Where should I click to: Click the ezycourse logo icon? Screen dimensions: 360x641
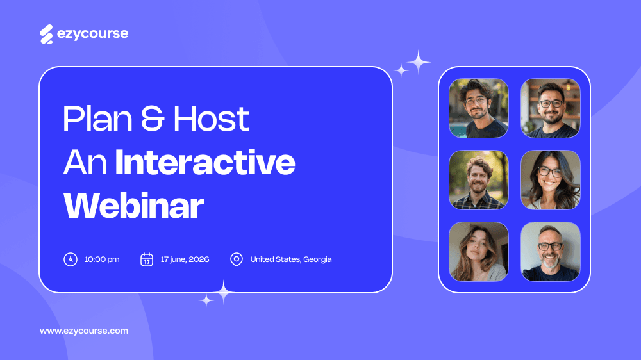point(46,34)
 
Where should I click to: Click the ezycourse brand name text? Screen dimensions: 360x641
point(92,34)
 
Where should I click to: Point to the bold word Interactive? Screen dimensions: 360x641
point(205,163)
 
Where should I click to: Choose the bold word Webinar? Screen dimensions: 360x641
point(133,206)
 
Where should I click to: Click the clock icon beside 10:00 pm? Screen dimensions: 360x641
point(70,259)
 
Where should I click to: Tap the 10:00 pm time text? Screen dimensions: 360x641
point(102,259)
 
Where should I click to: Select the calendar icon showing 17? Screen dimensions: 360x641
point(147,259)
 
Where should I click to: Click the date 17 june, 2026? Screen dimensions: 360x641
point(185,259)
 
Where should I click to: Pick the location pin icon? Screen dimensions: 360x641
point(237,259)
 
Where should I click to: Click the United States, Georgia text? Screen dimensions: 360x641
point(291,259)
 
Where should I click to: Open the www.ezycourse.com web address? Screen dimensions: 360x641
point(84,331)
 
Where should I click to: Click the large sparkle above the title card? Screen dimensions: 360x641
point(419,62)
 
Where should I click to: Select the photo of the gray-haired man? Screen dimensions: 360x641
point(550,252)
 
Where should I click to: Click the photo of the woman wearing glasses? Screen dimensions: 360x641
point(550,180)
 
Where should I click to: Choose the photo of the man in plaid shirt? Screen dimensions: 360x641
point(479,180)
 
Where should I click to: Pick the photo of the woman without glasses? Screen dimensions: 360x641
point(479,252)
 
